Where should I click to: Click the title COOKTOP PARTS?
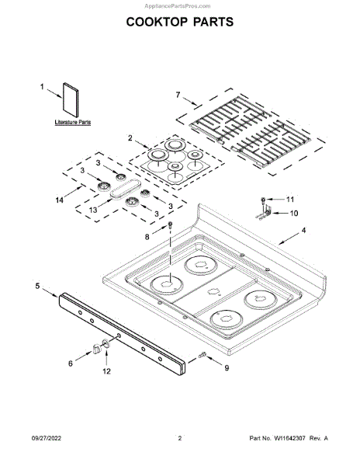(x=180, y=22)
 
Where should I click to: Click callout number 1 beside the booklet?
(x=42, y=87)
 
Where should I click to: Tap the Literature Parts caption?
(x=73, y=122)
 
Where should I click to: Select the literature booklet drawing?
(x=71, y=100)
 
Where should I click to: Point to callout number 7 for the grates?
(x=178, y=95)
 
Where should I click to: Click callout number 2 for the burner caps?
(x=130, y=138)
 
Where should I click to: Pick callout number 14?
(x=60, y=200)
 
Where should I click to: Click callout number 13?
(x=93, y=210)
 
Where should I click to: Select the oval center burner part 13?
(x=125, y=188)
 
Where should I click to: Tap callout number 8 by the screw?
(x=147, y=237)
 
